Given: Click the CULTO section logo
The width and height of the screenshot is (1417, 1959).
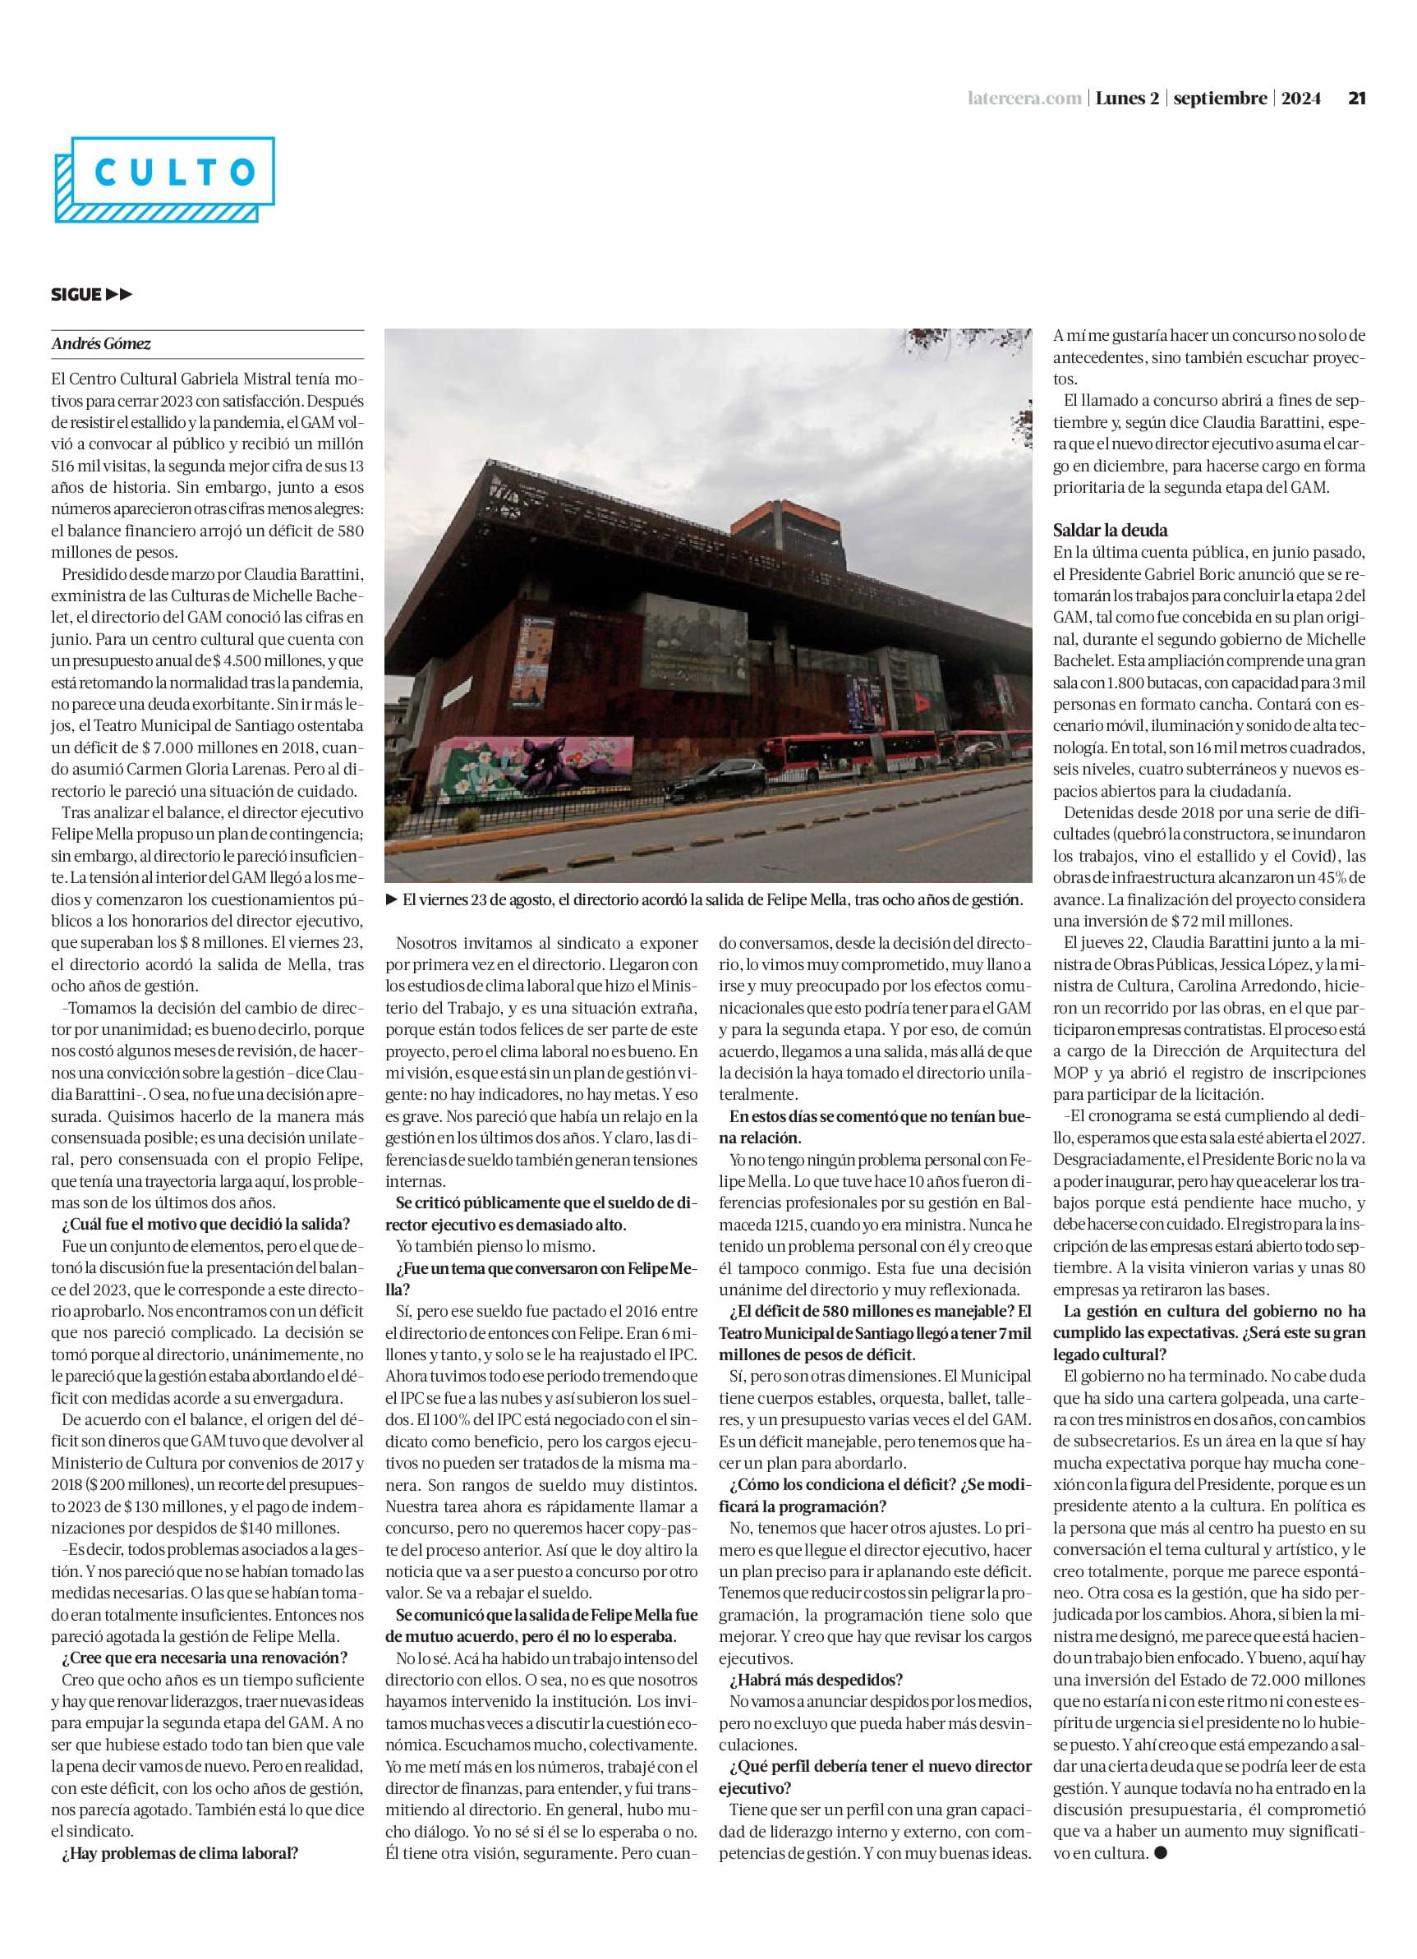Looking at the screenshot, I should pyautogui.click(x=164, y=179).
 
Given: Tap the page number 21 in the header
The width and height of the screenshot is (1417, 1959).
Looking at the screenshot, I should pyautogui.click(x=1356, y=99).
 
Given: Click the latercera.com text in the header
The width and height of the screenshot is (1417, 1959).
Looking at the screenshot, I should pyautogui.click(x=1024, y=99).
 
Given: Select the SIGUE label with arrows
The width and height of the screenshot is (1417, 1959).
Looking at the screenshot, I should pyautogui.click(x=91, y=295).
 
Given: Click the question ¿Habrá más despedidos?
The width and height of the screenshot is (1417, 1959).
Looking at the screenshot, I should pyautogui.click(x=816, y=1679).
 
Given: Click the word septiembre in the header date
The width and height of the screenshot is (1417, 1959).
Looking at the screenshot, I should pyautogui.click(x=1220, y=99).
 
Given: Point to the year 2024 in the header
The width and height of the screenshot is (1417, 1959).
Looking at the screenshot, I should pyautogui.click(x=1300, y=99).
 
